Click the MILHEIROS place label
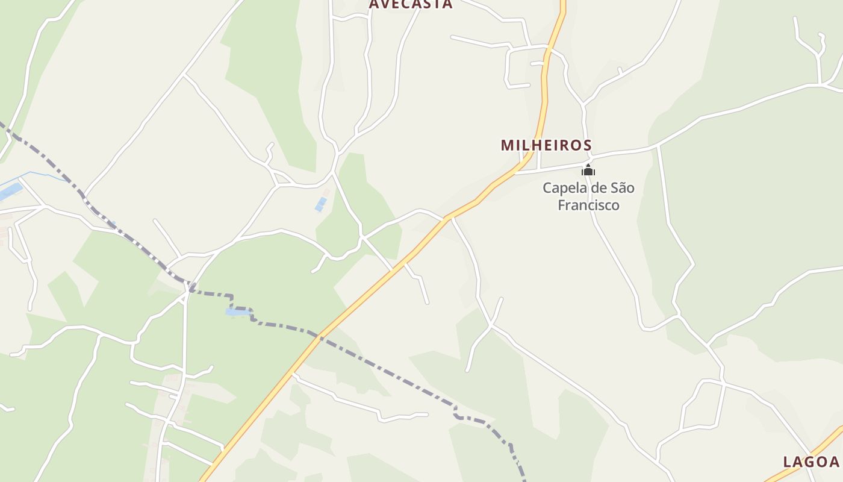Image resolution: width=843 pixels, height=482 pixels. point(546,145)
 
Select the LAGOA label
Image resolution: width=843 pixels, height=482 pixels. point(810,462)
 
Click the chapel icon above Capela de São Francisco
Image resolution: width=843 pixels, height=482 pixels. point(588,171)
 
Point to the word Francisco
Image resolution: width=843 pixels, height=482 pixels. point(588,205)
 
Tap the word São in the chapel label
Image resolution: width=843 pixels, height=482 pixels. point(622,188)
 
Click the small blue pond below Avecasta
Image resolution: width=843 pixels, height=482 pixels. point(321,204)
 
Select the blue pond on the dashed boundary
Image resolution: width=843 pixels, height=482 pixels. point(237,311)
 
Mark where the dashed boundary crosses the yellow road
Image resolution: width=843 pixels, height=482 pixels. point(320,337)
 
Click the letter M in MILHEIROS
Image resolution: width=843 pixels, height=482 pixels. point(506,145)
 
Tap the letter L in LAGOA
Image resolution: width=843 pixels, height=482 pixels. point(787,462)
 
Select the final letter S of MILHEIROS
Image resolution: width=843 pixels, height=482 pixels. point(587,145)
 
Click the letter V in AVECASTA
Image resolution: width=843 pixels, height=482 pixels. point(385,4)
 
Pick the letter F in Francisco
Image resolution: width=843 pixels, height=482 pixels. point(562,205)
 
